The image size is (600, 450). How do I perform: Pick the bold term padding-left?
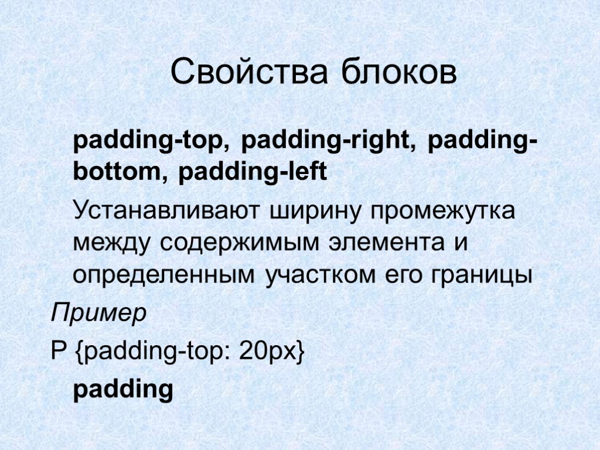252,173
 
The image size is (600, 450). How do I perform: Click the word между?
110,243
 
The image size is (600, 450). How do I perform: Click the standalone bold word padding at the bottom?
123,390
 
